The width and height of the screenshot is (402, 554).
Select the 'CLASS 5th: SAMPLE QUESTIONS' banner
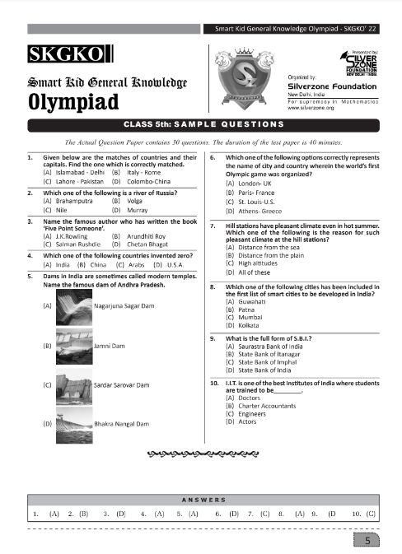coord(201,124)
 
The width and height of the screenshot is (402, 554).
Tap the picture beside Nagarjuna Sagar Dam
coord(75,305)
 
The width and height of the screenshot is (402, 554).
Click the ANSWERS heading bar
coord(201,499)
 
